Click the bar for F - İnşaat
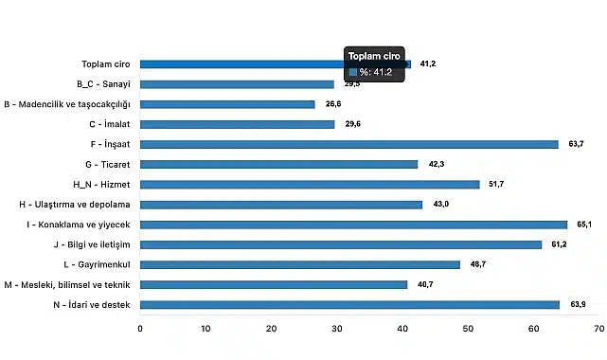[x=348, y=144]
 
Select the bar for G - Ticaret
[x=278, y=164]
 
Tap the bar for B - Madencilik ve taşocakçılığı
[x=227, y=104]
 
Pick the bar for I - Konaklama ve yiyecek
[x=353, y=225]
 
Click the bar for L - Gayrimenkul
[x=299, y=264]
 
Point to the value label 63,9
[x=575, y=304]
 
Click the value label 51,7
[x=495, y=184]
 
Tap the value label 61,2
[x=558, y=244]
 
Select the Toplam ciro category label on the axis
[x=106, y=64]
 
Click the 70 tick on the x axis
[x=598, y=329]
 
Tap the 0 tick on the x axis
[x=140, y=329]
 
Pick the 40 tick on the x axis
[x=402, y=329]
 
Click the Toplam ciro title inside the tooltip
[x=376, y=56]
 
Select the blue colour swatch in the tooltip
[x=353, y=72]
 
